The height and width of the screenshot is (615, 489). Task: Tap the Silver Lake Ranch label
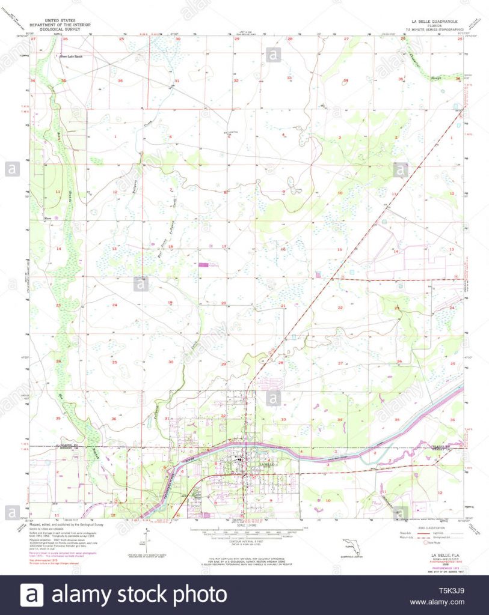pos(70,57)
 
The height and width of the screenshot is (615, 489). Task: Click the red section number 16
pos(282,249)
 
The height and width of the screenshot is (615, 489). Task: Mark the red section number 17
pos(224,246)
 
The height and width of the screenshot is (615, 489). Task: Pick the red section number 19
pos(170,302)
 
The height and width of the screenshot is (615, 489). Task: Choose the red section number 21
pos(283,306)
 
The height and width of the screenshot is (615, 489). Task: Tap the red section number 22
pos(340,307)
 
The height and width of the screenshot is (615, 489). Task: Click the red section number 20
pos(224,303)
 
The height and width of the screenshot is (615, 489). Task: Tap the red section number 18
pos(170,246)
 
